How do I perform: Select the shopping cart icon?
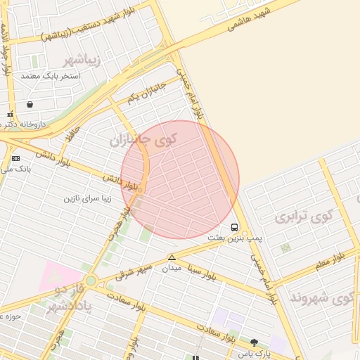(x=30, y=104)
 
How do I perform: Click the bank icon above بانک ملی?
(x=15, y=159)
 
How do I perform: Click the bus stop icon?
(x=234, y=227)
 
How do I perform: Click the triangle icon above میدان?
(x=172, y=257)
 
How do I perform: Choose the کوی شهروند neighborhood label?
(x=330, y=298)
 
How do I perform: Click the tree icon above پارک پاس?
(x=254, y=342)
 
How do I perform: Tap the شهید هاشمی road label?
(x=250, y=21)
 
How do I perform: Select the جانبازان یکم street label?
(x=145, y=91)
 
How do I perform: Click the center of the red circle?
(x=180, y=179)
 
